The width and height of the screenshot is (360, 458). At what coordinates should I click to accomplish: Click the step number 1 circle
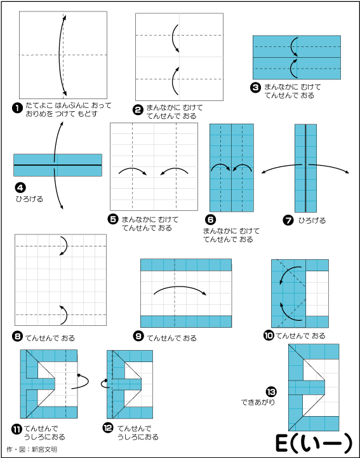coord(17,108)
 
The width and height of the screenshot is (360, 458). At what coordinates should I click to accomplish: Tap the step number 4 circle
coord(20,187)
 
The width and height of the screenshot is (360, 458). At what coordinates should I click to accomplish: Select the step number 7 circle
coord(288,220)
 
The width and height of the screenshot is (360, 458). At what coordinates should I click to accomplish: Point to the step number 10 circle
coord(269,335)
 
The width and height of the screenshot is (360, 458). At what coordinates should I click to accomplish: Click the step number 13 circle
coord(271,392)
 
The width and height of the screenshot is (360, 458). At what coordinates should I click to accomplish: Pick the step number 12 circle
coord(108,428)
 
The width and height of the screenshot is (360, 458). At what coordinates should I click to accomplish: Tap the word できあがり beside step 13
coord(258,402)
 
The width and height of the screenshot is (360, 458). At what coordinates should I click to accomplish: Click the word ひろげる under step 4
coord(29,199)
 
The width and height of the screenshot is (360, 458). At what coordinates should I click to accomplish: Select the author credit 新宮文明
coord(44,449)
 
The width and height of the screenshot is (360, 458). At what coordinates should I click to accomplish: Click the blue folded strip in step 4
coord(58,165)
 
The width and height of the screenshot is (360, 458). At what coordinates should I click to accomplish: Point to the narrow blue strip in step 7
coord(305,168)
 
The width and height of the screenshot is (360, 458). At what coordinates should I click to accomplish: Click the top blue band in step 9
coord(186,265)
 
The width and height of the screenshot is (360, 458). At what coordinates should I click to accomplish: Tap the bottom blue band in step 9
coord(186,321)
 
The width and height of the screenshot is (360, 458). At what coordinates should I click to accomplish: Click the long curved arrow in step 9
coord(180,287)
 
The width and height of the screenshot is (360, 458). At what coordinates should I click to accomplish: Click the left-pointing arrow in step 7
coord(281,167)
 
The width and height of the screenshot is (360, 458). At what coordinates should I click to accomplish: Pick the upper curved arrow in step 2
coord(173,38)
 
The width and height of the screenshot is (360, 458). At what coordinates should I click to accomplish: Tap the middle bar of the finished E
coord(307,387)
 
